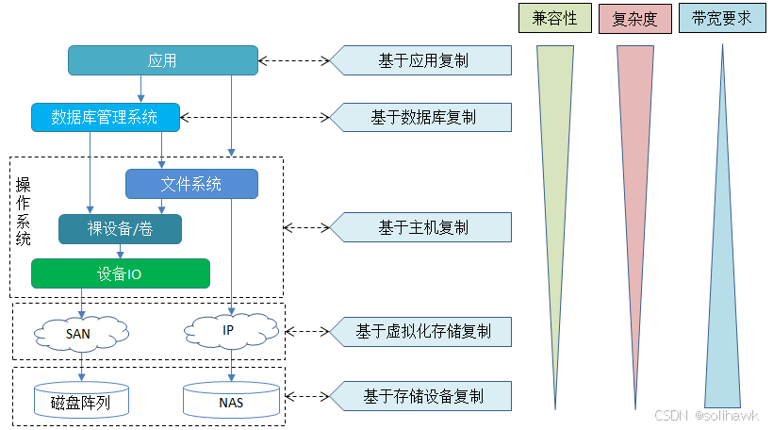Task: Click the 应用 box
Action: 162,61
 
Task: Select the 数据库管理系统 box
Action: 104,117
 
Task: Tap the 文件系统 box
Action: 190,184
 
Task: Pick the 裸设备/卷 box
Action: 120,229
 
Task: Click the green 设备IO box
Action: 120,273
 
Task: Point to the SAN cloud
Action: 79,332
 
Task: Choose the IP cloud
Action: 229,330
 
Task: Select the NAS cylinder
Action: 231,402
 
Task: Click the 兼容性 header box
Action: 554,18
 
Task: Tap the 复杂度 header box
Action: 634,18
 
